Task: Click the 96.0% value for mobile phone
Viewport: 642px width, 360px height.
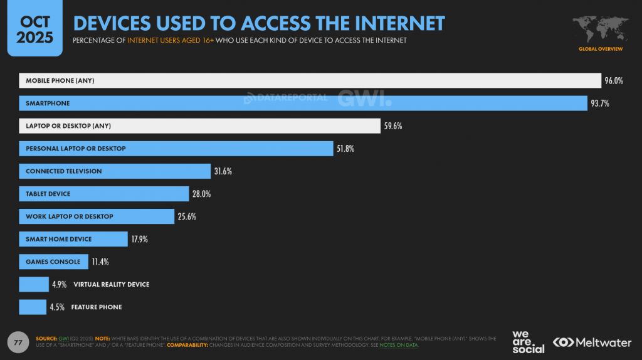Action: (614, 81)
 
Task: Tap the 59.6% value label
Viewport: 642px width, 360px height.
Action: (392, 126)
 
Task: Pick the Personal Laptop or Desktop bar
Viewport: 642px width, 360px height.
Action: (176, 149)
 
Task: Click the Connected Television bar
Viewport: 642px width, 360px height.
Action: (115, 171)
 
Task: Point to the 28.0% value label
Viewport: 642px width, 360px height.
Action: (202, 194)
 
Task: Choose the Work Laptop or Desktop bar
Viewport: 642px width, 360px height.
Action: (97, 216)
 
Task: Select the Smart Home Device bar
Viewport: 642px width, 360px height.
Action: (73, 239)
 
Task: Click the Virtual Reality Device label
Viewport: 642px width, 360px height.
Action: (112, 284)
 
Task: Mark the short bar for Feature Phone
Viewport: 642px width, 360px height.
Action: (33, 307)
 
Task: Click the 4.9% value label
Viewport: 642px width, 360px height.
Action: (60, 284)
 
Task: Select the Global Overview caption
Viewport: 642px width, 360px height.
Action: (601, 48)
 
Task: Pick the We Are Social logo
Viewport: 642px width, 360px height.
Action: (528, 342)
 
